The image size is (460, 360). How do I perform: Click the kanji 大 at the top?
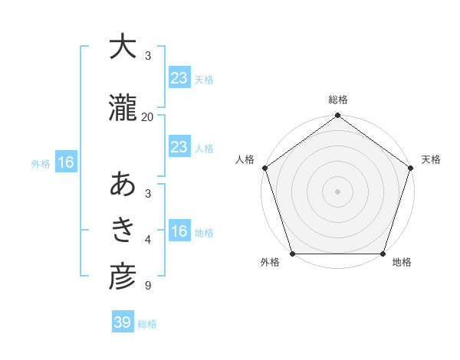tap(123, 47)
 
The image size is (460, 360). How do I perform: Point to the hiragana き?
tap(123, 229)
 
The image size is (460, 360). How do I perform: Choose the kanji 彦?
tap(123, 277)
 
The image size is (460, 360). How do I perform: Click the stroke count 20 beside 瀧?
tap(147, 117)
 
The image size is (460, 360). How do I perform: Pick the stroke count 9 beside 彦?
tap(147, 286)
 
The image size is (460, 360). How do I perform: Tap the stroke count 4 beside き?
tap(147, 241)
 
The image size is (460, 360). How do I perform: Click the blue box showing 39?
tap(122, 322)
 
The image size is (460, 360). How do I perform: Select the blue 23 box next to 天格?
tap(179, 78)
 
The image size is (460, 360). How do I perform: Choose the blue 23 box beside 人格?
tap(179, 147)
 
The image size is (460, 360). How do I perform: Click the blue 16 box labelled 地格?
tap(179, 232)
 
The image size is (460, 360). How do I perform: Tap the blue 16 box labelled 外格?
tap(65, 162)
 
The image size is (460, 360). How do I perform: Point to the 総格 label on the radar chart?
tap(338, 100)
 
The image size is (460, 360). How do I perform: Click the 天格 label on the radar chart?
tap(431, 159)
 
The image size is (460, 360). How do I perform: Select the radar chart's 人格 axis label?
tap(245, 159)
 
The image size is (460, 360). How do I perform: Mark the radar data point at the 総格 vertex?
tap(338, 116)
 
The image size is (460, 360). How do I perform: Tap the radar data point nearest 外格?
tap(292, 254)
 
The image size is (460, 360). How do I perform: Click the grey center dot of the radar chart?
tap(338, 191)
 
